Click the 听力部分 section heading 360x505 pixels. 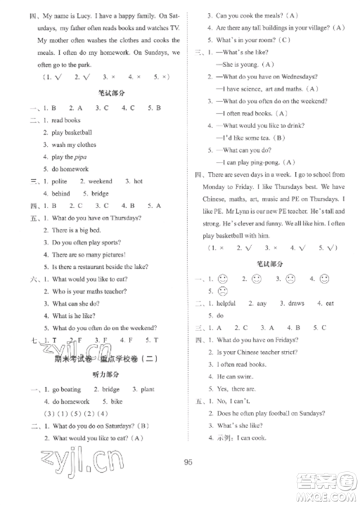tap(105, 374)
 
